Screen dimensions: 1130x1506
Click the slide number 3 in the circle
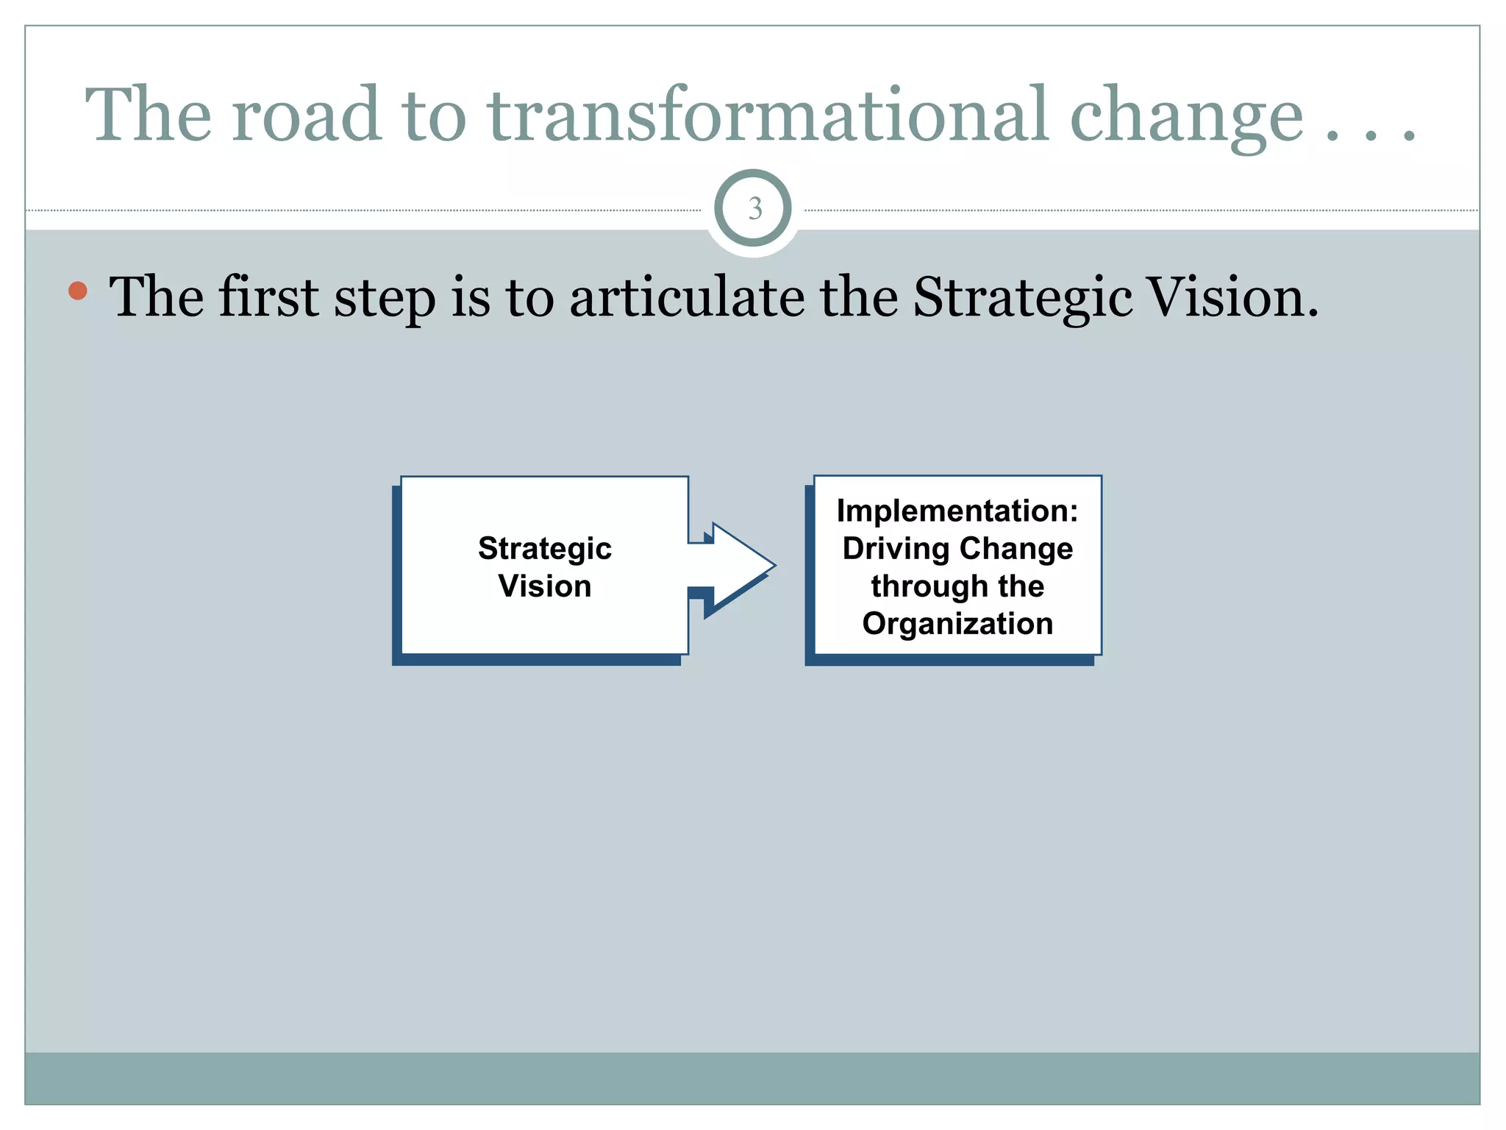[754, 209]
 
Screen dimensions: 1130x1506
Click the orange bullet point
[78, 291]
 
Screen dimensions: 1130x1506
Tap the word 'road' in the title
[307, 116]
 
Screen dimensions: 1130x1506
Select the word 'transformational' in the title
[766, 116]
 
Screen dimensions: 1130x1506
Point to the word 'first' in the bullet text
[268, 296]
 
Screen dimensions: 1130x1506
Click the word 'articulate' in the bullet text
[687, 296]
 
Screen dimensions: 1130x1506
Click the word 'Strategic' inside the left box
[545, 549]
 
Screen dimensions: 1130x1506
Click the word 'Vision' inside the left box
[545, 586]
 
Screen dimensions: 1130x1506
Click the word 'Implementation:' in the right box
[957, 511]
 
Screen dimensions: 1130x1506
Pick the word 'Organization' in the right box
[957, 624]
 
